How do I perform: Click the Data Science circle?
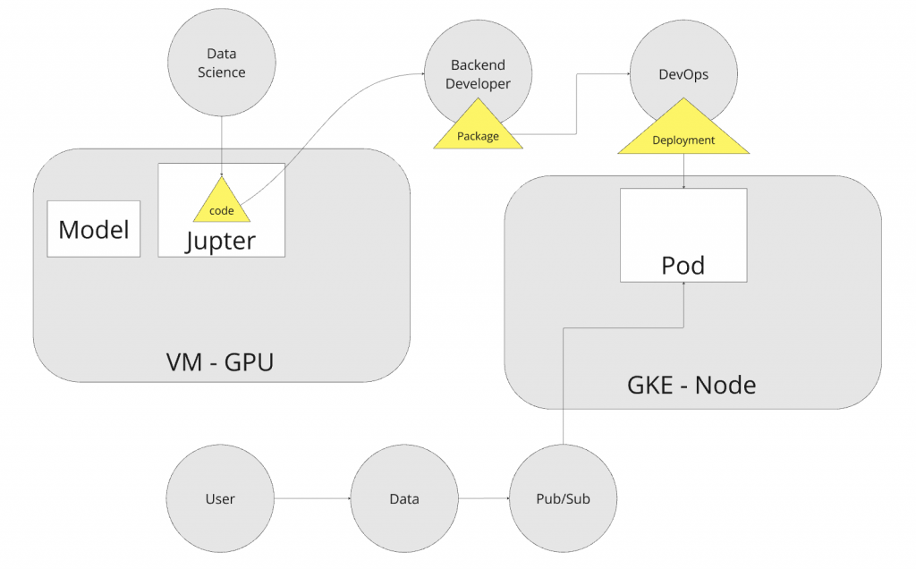[x=221, y=64]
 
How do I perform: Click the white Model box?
[x=94, y=229]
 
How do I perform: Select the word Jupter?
[x=221, y=241]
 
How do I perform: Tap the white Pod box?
[x=683, y=234]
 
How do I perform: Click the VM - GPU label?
[x=221, y=362]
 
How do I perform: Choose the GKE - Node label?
[x=691, y=386]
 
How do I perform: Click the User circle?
[x=221, y=498]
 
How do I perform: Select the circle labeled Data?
[x=404, y=498]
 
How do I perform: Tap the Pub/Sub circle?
[x=563, y=498]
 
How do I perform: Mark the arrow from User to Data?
[x=312, y=498]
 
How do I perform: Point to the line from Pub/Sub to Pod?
[x=564, y=385]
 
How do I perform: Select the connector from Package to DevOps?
[x=576, y=107]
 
